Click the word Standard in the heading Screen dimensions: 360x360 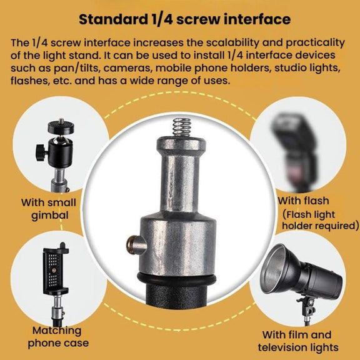113,19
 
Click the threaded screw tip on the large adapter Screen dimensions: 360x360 182,127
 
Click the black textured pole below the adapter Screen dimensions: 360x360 176,296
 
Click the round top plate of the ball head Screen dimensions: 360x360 61,127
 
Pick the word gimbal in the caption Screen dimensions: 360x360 50,216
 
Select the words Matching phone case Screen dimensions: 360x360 58,337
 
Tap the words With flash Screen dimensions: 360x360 304,201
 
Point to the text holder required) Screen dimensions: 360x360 320,226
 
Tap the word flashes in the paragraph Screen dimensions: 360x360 30,81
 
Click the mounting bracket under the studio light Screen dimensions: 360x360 308,307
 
